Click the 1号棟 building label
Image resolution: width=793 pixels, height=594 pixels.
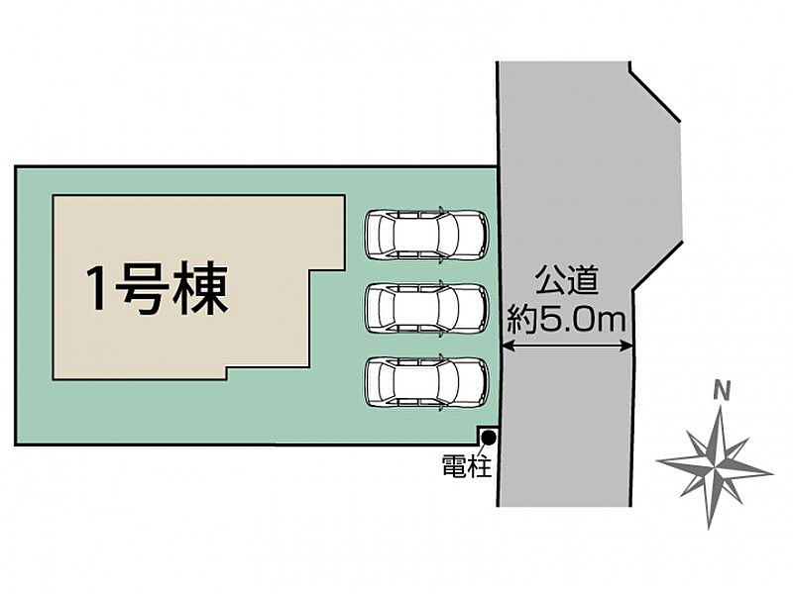coord(158,289)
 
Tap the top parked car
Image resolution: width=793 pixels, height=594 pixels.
coord(427,235)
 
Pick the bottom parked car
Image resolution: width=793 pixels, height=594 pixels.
coord(427,382)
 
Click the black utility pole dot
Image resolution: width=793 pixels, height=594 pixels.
coord(489,437)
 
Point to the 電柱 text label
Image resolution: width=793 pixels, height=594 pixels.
coord(466,465)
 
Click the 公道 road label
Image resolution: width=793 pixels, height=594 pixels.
coord(567,280)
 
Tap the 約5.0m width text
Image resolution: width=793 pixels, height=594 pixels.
coord(566,319)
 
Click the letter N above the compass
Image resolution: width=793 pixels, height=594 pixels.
coord(723,391)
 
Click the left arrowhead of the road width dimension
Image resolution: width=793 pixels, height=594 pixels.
coord(507,346)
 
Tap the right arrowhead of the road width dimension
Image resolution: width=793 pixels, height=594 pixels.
coord(626,346)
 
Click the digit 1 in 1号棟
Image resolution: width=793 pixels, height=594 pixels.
coord(96,289)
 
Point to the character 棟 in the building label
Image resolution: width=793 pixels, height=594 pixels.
coord(201,289)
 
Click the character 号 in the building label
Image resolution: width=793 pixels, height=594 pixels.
coord(142,289)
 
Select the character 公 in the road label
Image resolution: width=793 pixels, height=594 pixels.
coord(551,280)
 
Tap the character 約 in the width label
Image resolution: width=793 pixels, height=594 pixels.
coord(522,319)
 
